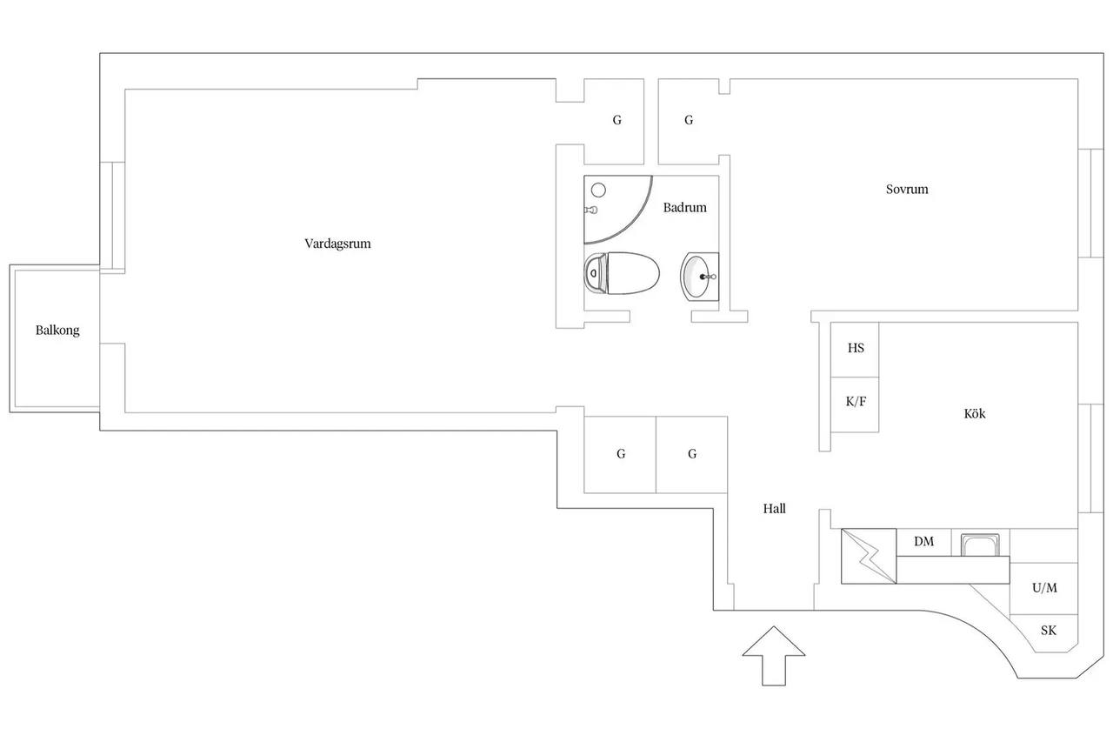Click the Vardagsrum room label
point(337,244)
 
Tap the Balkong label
point(57,331)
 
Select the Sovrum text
point(907,190)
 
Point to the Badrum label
point(684,207)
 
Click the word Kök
point(975,413)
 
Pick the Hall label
point(774,508)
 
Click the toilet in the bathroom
point(622,273)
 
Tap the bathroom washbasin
point(700,277)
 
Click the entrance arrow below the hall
point(774,656)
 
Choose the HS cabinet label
point(856,348)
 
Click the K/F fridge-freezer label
point(856,402)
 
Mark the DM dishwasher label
point(923,541)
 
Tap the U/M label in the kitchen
point(1044,588)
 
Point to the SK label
point(1049,630)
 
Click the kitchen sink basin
point(980,545)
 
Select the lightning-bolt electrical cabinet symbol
point(869,556)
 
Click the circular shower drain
point(598,190)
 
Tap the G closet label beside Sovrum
point(689,120)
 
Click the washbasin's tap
point(708,277)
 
